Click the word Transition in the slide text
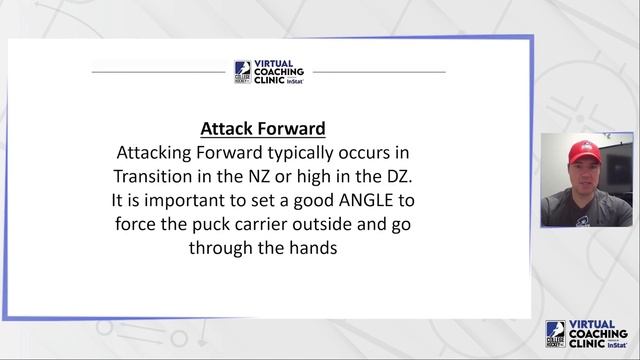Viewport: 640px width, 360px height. (153, 176)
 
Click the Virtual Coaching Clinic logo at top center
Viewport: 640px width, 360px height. (269, 73)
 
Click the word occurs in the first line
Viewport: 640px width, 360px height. (377, 153)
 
